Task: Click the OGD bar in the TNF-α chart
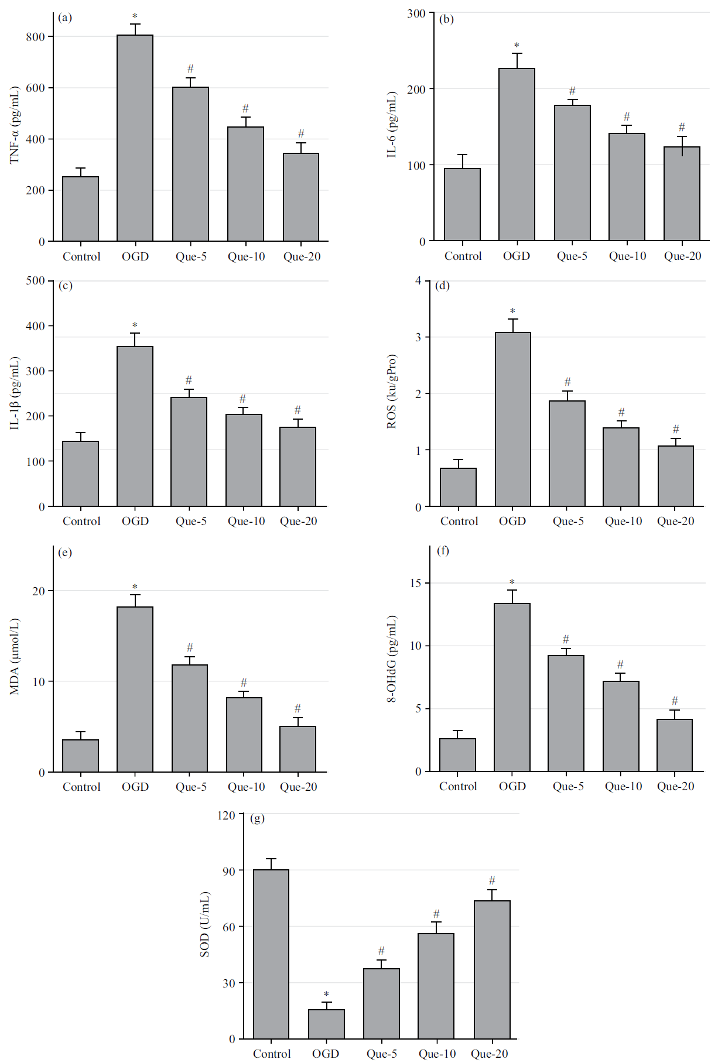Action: (x=135, y=138)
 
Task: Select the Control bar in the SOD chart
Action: (x=271, y=954)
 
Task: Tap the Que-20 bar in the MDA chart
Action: (x=298, y=749)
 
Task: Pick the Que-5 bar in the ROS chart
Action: (x=567, y=454)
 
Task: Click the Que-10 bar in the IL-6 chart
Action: (x=627, y=187)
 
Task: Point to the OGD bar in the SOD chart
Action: (x=326, y=1024)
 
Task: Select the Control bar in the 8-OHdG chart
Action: (x=457, y=755)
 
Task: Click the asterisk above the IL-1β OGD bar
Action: (x=135, y=325)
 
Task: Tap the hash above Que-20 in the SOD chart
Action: (x=492, y=880)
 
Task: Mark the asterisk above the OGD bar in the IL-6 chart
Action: (x=517, y=46)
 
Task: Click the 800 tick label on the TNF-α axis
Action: (x=35, y=37)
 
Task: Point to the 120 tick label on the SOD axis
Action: (x=226, y=815)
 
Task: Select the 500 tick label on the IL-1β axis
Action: (x=35, y=281)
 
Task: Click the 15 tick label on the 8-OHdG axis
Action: (x=416, y=583)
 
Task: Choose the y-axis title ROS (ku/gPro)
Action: (x=392, y=391)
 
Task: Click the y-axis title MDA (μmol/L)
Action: (x=15, y=656)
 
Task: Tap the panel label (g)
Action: (x=257, y=818)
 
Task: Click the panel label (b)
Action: (x=446, y=19)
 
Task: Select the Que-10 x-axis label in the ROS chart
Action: (x=623, y=521)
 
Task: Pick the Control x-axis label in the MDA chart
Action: (x=81, y=787)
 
